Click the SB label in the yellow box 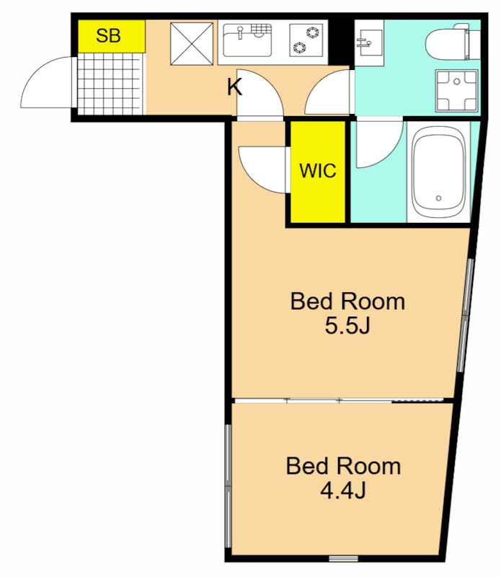pyautogui.click(x=108, y=35)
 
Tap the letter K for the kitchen pyautogui.click(x=234, y=87)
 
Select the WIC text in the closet pyautogui.click(x=317, y=171)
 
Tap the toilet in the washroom pyautogui.click(x=453, y=41)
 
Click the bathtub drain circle pyautogui.click(x=438, y=198)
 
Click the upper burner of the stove pyautogui.click(x=313, y=32)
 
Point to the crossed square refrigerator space pyautogui.click(x=192, y=43)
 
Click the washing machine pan pyautogui.click(x=456, y=90)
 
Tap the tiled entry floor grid pyautogui.click(x=110, y=84)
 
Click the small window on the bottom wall pyautogui.click(x=343, y=569)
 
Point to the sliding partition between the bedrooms pyautogui.click(x=339, y=401)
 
